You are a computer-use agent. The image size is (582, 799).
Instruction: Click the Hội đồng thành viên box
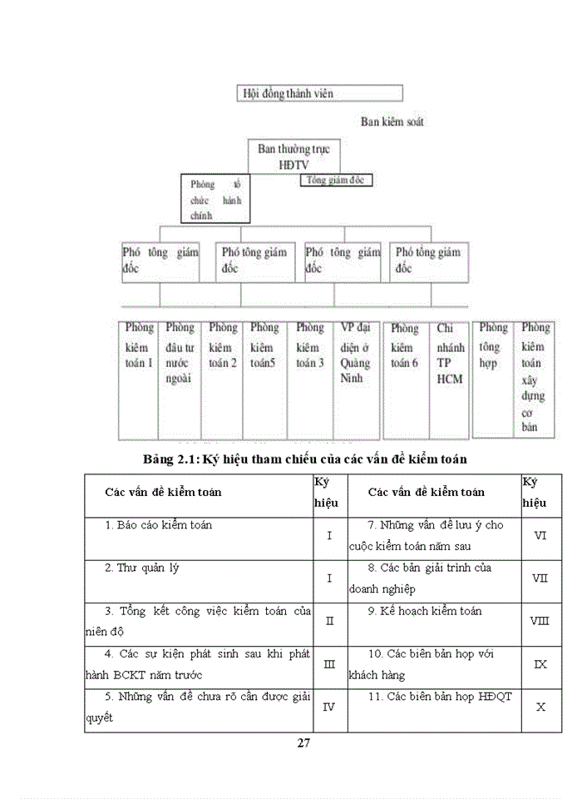[320, 93]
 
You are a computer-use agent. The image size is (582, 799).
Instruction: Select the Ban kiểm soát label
[392, 122]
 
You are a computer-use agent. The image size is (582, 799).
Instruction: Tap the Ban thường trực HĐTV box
[293, 156]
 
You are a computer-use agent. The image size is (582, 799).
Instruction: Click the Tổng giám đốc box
[335, 180]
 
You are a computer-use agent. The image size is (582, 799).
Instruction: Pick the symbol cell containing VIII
[539, 621]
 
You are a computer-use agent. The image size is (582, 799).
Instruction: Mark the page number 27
[303, 743]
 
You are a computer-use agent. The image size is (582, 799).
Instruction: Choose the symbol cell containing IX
[539, 664]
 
